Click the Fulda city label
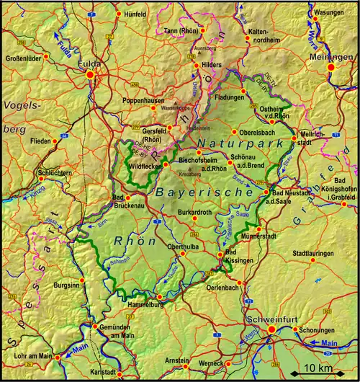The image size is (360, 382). [91, 63]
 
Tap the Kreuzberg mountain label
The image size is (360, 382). [189, 174]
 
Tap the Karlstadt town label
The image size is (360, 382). [105, 373]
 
